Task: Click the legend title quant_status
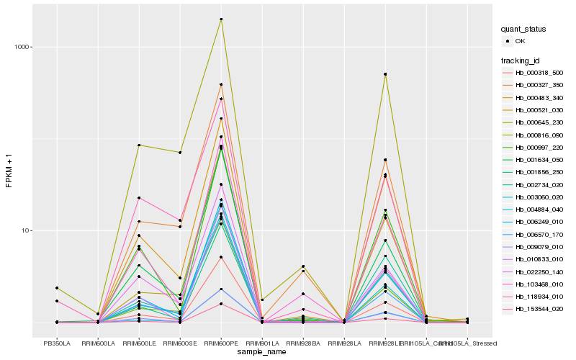[523, 29]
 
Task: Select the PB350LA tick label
[57, 343]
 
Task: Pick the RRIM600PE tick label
[221, 343]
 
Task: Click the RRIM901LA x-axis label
[262, 343]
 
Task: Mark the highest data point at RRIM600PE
[221, 19]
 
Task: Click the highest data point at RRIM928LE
[385, 74]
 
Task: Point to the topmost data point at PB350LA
[57, 288]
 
